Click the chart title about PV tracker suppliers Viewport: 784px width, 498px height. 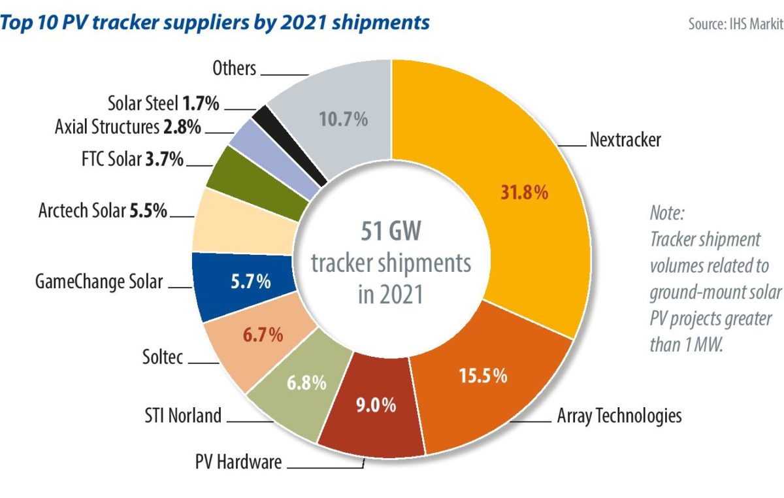pyautogui.click(x=215, y=22)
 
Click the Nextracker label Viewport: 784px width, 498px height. pyautogui.click(x=625, y=140)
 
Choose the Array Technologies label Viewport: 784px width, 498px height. pyautogui.click(x=619, y=416)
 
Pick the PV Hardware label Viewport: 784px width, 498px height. pyautogui.click(x=238, y=463)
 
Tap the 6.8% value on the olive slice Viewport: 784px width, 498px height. pyautogui.click(x=305, y=382)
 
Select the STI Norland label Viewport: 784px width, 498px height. pyautogui.click(x=182, y=416)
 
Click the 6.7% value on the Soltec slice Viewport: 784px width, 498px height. pyautogui.click(x=263, y=336)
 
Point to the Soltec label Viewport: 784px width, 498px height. pyautogui.click(x=163, y=357)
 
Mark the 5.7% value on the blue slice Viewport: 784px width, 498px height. pyautogui.click(x=250, y=282)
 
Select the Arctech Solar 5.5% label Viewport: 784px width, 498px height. pyautogui.click(x=103, y=211)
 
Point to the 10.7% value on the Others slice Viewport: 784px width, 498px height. pyautogui.click(x=343, y=120)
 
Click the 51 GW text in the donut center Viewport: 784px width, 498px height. pyautogui.click(x=391, y=233)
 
